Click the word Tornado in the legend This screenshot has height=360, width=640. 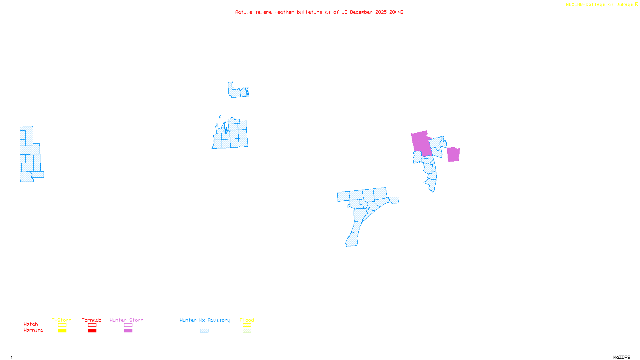pyautogui.click(x=92, y=320)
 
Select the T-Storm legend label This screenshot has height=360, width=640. pyautogui.click(x=62, y=320)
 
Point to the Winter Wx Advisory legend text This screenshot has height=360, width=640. pyautogui.click(x=205, y=320)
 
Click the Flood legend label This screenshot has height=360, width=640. pyautogui.click(x=247, y=320)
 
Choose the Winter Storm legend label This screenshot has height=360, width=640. pyautogui.click(x=126, y=320)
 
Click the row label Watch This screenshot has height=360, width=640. pyautogui.click(x=31, y=324)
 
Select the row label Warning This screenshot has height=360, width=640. pyautogui.click(x=33, y=330)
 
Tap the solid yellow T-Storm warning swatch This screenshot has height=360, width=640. pyautogui.click(x=62, y=331)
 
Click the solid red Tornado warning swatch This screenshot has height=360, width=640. pyautogui.click(x=92, y=331)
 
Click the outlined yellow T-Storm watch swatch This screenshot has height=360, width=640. pyautogui.click(x=62, y=325)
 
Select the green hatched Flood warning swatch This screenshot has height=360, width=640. pyautogui.click(x=247, y=331)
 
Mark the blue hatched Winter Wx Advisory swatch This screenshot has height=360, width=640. pyautogui.click(x=204, y=331)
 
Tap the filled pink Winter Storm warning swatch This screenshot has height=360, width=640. pyautogui.click(x=128, y=331)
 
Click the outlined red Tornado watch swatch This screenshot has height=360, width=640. pyautogui.click(x=92, y=325)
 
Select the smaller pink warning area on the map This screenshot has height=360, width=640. pyautogui.click(x=453, y=154)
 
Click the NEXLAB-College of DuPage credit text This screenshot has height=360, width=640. pyautogui.click(x=600, y=5)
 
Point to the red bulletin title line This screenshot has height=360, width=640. pyautogui.click(x=319, y=12)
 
